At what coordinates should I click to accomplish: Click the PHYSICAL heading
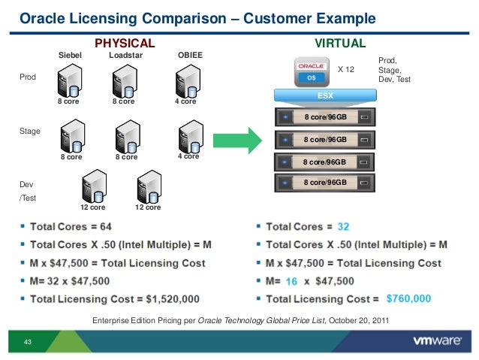[x=124, y=43]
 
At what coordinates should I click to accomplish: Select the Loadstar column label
[x=125, y=56]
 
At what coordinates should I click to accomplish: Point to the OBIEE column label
[x=188, y=56]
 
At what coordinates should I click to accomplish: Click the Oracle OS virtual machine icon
[x=311, y=71]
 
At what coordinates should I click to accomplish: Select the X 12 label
[x=345, y=69]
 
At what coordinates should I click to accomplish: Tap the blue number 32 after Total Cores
[x=343, y=226]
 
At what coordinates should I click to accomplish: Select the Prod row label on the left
[x=26, y=77]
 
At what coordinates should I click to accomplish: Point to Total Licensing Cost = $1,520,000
[x=114, y=298]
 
